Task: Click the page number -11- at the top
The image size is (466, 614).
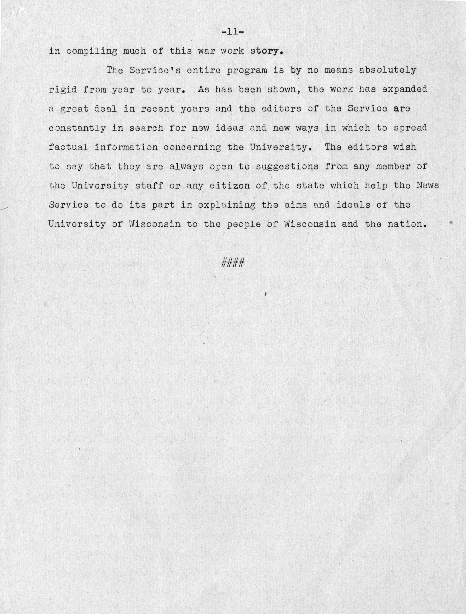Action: [233, 32]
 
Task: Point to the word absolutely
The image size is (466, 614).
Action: [388, 70]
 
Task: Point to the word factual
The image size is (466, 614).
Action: [68, 147]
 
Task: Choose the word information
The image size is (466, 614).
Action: [126, 147]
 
